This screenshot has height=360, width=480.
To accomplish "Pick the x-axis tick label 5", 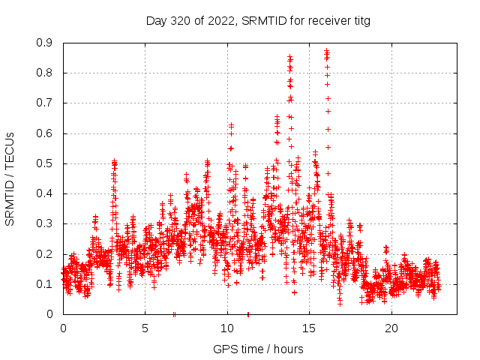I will (x=145, y=328).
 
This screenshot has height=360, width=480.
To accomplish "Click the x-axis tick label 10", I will (x=227, y=328).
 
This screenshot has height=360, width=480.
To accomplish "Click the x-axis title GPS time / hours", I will (x=258, y=349).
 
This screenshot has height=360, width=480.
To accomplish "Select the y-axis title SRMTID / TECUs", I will (x=10, y=179).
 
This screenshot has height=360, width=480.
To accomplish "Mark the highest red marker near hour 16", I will (x=326, y=50).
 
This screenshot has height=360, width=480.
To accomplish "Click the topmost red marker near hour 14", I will (x=289, y=56).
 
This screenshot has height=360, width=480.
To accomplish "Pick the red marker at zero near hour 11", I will (x=248, y=314).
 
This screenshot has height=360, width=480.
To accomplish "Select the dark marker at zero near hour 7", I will (x=174, y=314).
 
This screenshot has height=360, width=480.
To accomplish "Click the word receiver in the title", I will (x=325, y=20).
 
